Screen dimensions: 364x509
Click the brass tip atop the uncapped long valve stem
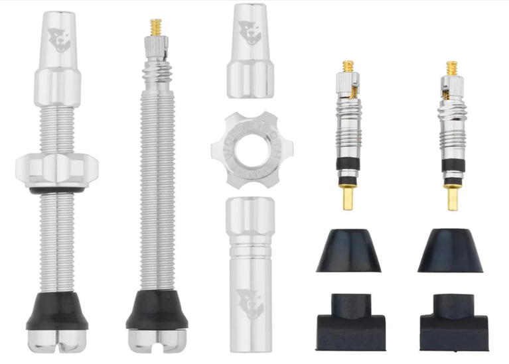(x=157, y=27)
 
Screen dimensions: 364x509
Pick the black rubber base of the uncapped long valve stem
(x=157, y=308)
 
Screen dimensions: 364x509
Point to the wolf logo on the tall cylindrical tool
(x=250, y=302)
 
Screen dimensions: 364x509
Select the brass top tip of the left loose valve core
(x=348, y=67)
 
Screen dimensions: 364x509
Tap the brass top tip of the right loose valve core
(x=452, y=68)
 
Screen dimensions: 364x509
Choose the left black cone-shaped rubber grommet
(x=348, y=251)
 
